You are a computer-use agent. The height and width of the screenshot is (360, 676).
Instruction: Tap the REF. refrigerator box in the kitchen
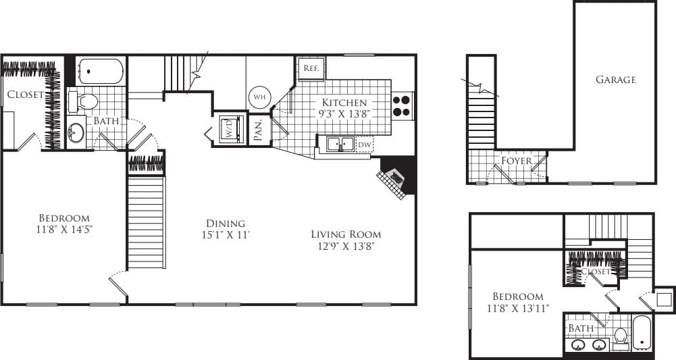click(x=311, y=69)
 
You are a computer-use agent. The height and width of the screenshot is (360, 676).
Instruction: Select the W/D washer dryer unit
click(x=228, y=128)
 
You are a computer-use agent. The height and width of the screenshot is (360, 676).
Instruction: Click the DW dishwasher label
click(x=364, y=145)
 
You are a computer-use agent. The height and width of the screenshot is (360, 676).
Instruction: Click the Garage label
click(x=615, y=80)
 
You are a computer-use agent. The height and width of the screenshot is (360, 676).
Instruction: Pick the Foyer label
click(x=516, y=161)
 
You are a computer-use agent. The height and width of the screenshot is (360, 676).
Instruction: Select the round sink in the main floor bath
click(x=76, y=132)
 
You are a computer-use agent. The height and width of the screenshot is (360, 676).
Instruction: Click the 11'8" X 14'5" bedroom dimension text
click(x=64, y=229)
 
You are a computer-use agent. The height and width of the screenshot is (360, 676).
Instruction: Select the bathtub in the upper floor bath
click(x=642, y=332)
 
